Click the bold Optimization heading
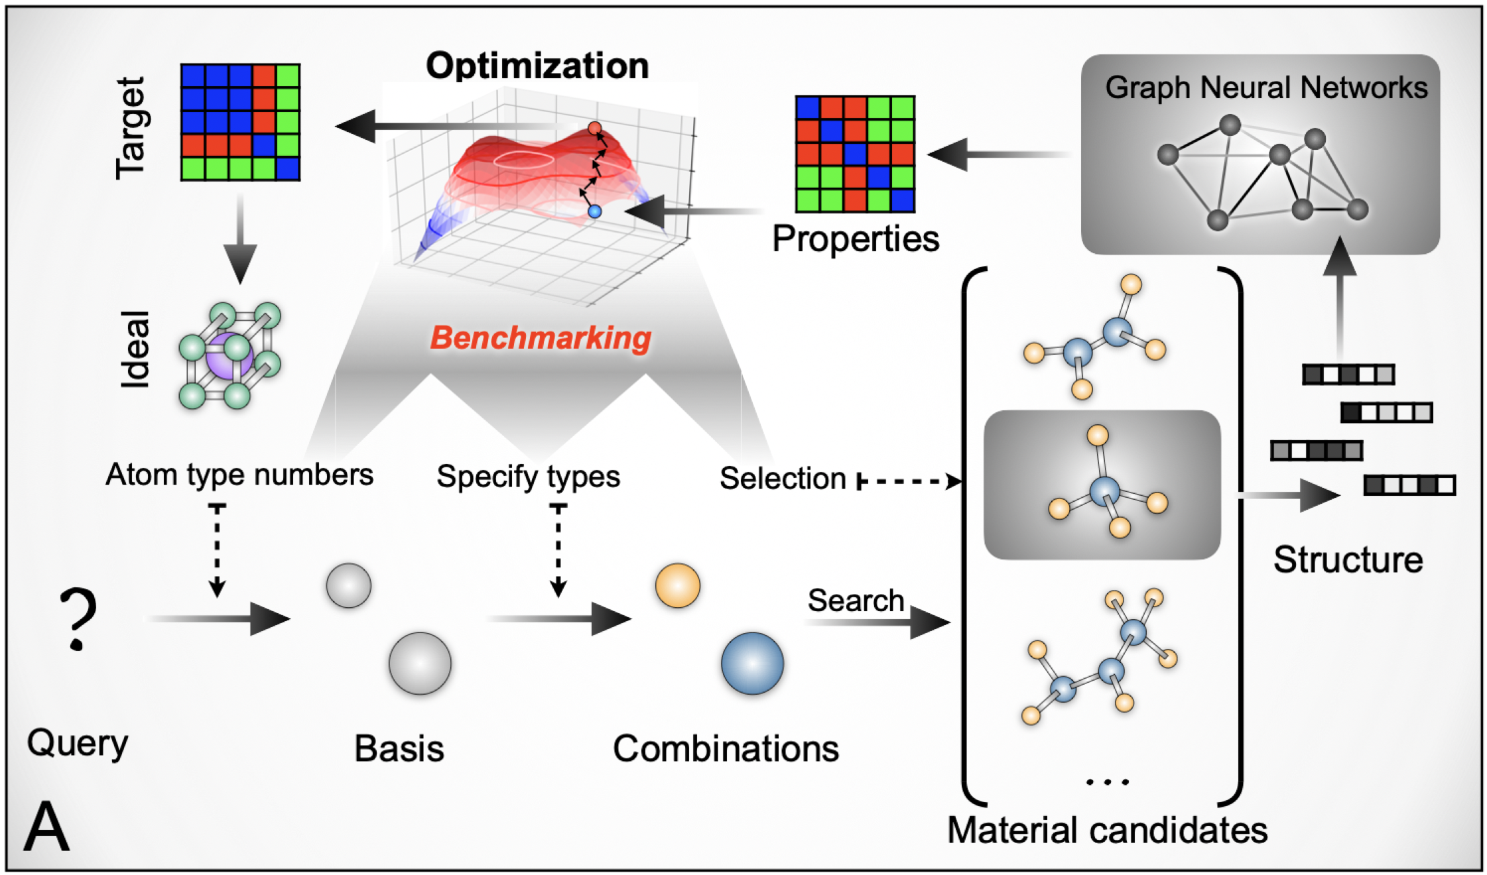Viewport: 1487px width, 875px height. pyautogui.click(x=537, y=66)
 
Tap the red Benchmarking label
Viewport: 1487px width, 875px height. pyautogui.click(x=541, y=338)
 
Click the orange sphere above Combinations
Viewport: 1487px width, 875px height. pyautogui.click(x=677, y=585)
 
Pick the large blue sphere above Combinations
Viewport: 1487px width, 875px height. pyautogui.click(x=752, y=663)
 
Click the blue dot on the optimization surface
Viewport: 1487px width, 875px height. pyautogui.click(x=594, y=211)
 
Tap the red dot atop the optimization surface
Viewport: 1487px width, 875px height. pyautogui.click(x=594, y=128)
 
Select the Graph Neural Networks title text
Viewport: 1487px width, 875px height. pyautogui.click(x=1265, y=88)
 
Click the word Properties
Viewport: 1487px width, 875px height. pyautogui.click(x=856, y=239)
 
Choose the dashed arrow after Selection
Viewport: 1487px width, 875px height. pyautogui.click(x=909, y=481)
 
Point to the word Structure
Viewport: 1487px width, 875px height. pyautogui.click(x=1348, y=560)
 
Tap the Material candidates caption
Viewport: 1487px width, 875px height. pyautogui.click(x=1107, y=830)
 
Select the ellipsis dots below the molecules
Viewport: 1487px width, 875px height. pyautogui.click(x=1107, y=782)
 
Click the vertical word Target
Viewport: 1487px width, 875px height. pyautogui.click(x=131, y=128)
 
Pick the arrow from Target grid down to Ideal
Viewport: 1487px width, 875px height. pyautogui.click(x=239, y=239)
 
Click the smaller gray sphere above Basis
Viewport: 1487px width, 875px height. pyautogui.click(x=348, y=585)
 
